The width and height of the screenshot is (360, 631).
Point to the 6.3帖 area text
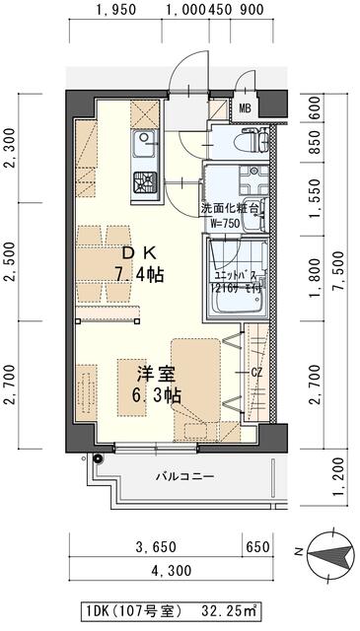pos(156,395)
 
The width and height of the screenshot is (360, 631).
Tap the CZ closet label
pos(255,372)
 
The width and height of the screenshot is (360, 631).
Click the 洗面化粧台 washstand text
pos(231,209)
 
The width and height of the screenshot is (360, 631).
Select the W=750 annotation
pos(225,224)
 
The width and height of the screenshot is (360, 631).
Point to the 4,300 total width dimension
pos(172,571)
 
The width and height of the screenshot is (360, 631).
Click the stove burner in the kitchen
pos(144,181)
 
